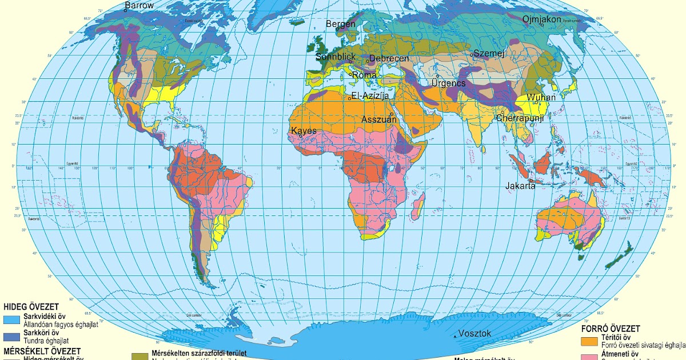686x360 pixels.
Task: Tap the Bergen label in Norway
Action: click(341, 24)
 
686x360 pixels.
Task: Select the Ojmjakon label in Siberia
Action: click(542, 19)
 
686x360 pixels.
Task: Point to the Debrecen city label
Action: click(389, 58)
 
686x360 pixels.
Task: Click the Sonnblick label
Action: click(336, 57)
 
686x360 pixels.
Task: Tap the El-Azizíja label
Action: click(370, 96)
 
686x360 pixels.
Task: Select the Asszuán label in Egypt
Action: click(379, 119)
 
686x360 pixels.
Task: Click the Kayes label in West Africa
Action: click(304, 131)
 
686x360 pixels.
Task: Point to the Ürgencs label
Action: click(448, 83)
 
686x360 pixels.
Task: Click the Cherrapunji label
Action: click(519, 118)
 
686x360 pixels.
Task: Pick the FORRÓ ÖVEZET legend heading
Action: click(610, 329)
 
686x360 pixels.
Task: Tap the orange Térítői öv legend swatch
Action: click(589, 341)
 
